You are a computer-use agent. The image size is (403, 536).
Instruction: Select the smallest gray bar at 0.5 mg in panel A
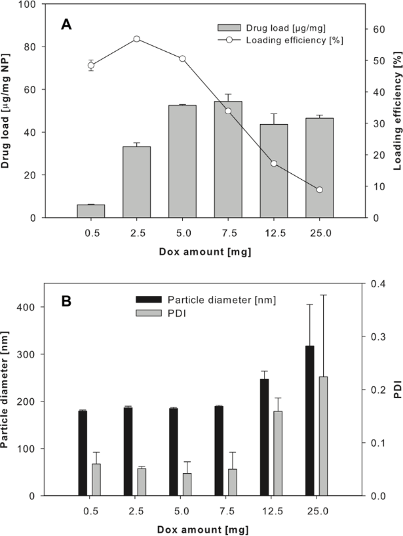(91, 211)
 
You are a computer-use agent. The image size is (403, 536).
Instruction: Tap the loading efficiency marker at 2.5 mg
(136, 39)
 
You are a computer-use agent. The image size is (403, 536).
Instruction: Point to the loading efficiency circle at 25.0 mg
(319, 190)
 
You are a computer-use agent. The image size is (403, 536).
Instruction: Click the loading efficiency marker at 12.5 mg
(273, 163)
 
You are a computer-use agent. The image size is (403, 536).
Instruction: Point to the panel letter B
(66, 304)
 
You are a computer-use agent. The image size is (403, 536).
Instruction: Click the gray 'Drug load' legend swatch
(229, 28)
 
